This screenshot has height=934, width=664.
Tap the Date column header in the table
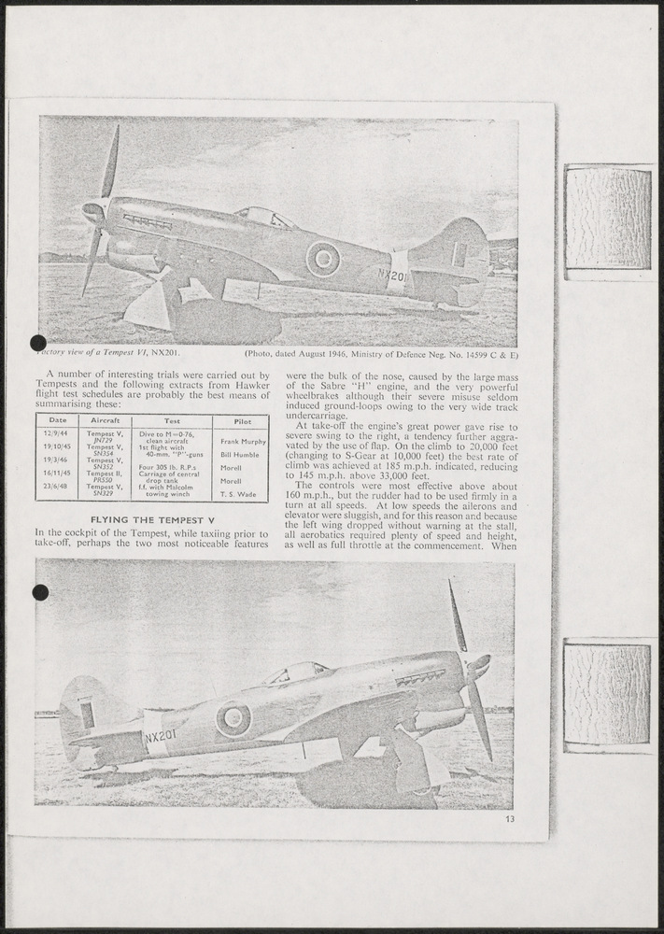pyautogui.click(x=57, y=421)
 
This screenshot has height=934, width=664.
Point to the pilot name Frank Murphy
pyautogui.click(x=242, y=441)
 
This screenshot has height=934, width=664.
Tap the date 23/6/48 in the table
pyautogui.click(x=57, y=487)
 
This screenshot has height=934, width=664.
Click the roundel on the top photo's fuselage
pyautogui.click(x=323, y=259)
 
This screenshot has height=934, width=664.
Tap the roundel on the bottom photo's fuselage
pyautogui.click(x=233, y=718)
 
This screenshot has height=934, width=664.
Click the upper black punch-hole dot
pyautogui.click(x=38, y=344)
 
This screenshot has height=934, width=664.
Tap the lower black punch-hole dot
pyautogui.click(x=39, y=591)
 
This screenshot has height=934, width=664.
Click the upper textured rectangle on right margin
pyautogui.click(x=608, y=219)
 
